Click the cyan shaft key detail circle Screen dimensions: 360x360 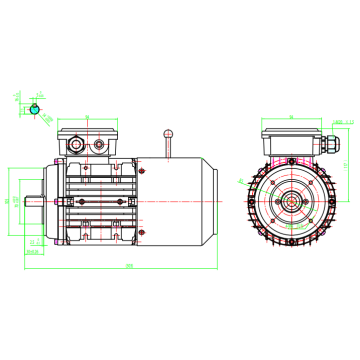pyautogui.click(x=36, y=108)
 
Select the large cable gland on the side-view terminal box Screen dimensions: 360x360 pyautogui.click(x=78, y=146)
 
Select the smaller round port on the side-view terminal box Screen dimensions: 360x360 pyautogui.click(x=100, y=147)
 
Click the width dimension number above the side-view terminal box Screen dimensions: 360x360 pyautogui.click(x=88, y=117)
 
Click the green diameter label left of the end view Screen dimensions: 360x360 pyautogui.click(x=244, y=183)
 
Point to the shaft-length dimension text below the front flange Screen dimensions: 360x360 pyautogui.click(x=37, y=253)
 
